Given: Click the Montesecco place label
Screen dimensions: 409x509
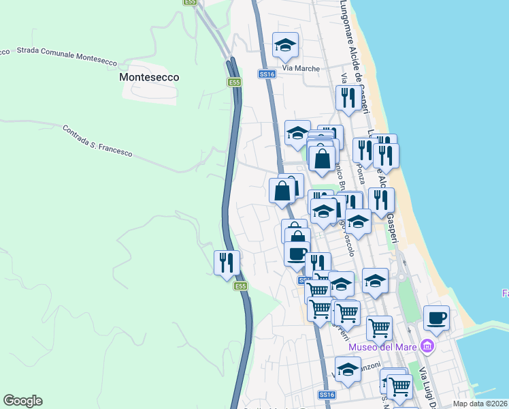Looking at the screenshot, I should pyautogui.click(x=149, y=77).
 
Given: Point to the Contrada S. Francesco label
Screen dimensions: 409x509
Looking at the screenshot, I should pyautogui.click(x=97, y=140).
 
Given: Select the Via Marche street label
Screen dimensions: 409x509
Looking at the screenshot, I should pyautogui.click(x=296, y=68).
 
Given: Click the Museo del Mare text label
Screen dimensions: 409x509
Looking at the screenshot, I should pyautogui.click(x=383, y=347).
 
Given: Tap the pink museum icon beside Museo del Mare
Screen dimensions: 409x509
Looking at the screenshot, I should pyautogui.click(x=427, y=347).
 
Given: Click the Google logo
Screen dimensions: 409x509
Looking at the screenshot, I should pyautogui.click(x=22, y=401).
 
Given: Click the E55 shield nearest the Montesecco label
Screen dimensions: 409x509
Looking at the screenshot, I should pyautogui.click(x=234, y=82).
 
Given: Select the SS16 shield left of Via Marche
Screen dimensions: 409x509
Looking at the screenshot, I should pyautogui.click(x=267, y=74).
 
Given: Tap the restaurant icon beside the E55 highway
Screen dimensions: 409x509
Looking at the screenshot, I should pyautogui.click(x=227, y=262).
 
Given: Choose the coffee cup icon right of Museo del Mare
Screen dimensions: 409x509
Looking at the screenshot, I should pyautogui.click(x=436, y=317).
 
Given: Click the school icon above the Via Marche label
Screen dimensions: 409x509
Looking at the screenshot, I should pyautogui.click(x=285, y=45).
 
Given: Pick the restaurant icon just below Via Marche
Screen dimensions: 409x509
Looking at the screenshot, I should pyautogui.click(x=348, y=97).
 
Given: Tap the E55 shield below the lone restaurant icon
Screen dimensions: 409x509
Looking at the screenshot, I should pyautogui.click(x=240, y=286).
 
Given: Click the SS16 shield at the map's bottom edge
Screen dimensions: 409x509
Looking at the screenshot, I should pyautogui.click(x=327, y=395).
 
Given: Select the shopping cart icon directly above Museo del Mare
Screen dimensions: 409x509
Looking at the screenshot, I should pyautogui.click(x=379, y=327).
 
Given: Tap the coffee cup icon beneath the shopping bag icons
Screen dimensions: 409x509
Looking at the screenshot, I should pyautogui.click(x=296, y=254).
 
